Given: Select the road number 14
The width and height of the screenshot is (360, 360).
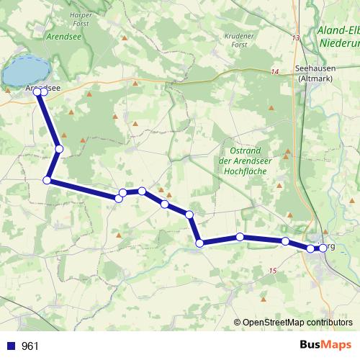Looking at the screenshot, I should (x=274, y=71).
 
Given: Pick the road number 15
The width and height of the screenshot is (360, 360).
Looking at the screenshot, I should (x=271, y=270).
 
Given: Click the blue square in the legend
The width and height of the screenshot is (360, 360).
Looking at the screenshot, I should (x=11, y=346).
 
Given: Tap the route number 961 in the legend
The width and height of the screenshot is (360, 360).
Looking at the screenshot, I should (x=30, y=346).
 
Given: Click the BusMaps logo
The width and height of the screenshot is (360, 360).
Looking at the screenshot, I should (x=325, y=345).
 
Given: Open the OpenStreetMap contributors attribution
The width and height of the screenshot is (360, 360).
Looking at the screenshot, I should (x=297, y=322).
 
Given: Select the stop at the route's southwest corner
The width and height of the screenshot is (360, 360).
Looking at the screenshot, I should (x=48, y=180).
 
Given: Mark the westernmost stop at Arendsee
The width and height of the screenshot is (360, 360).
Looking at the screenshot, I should (x=37, y=91).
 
